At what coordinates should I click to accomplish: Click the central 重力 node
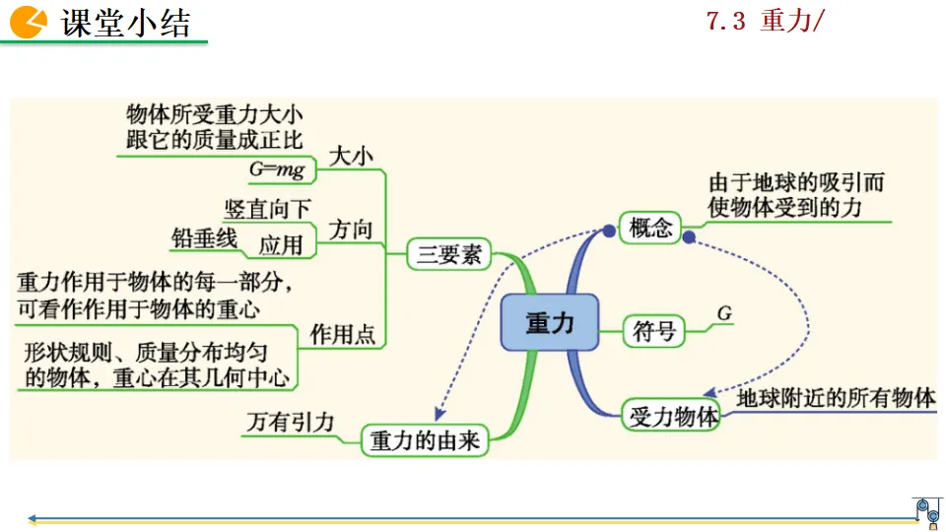pyautogui.click(x=549, y=322)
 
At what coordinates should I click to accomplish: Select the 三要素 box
pyautogui.click(x=449, y=254)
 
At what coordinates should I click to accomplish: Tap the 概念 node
pyautogui.click(x=650, y=229)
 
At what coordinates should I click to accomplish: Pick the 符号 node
pyautogui.click(x=653, y=332)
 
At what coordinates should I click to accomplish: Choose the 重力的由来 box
pyautogui.click(x=425, y=440)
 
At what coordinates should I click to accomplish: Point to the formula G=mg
pyautogui.click(x=277, y=169)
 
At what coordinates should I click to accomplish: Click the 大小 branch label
pyautogui.click(x=351, y=156)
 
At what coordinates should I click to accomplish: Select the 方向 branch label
pyautogui.click(x=351, y=231)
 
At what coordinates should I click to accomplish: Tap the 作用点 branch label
pyautogui.click(x=342, y=335)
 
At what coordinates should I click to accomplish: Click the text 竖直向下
pyautogui.click(x=267, y=209)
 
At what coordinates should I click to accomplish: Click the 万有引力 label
pyautogui.click(x=290, y=423)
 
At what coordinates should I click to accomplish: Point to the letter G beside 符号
pyautogui.click(x=724, y=313)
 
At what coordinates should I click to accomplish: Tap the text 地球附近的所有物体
pyautogui.click(x=836, y=398)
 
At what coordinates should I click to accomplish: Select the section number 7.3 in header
pyautogui.click(x=726, y=22)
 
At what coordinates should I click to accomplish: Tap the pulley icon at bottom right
pyautogui.click(x=927, y=510)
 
